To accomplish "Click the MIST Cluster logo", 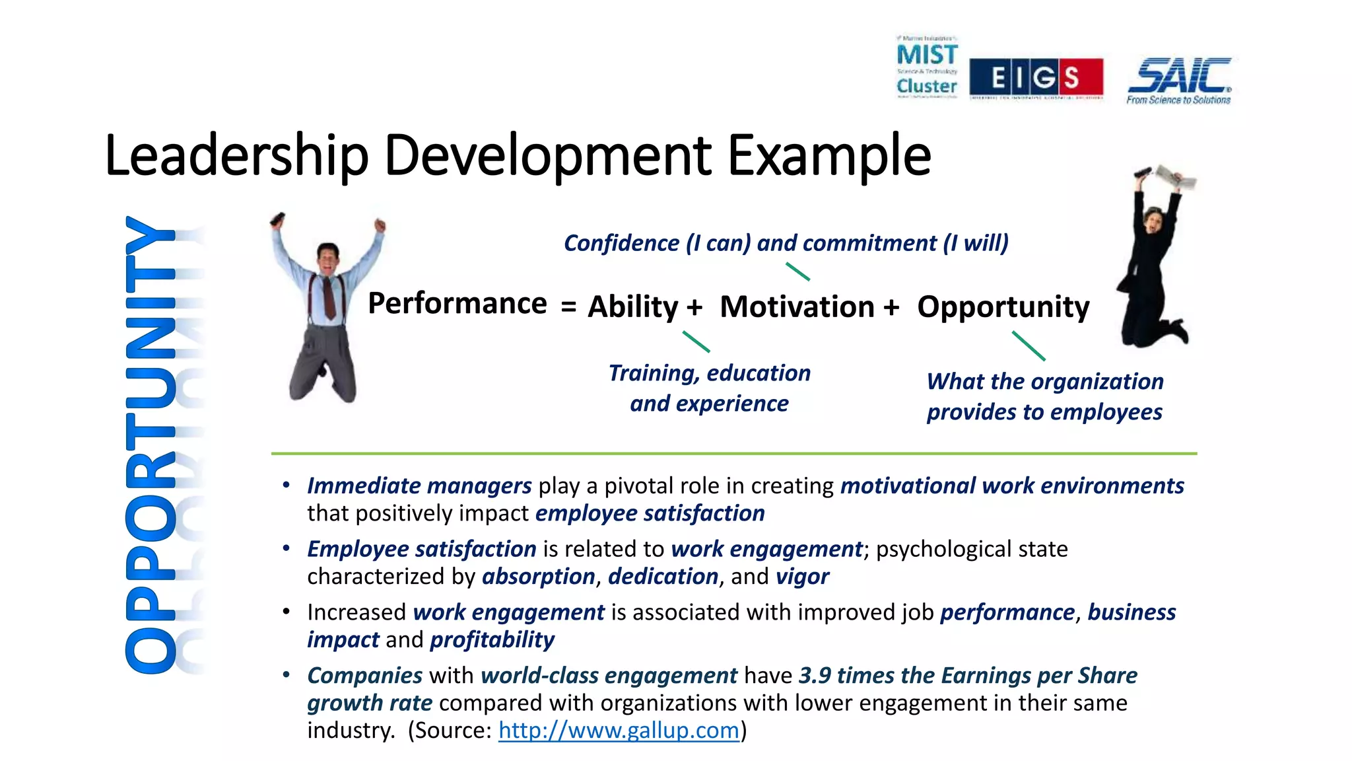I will point(927,68).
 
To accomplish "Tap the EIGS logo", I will point(1036,77).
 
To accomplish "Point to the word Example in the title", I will point(829,156).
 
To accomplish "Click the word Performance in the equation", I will point(457,304).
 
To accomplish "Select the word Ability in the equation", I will point(632,307).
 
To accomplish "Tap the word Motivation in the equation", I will point(797,307).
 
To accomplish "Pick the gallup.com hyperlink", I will point(619,731).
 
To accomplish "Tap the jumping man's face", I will point(327,257).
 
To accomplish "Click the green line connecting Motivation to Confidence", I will point(797,272).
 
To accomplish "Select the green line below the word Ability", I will point(696,342).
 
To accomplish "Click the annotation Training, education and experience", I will point(709,388).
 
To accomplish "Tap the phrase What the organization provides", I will point(1044,396).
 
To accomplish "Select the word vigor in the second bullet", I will point(802,577).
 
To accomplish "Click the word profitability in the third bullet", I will point(492,640).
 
